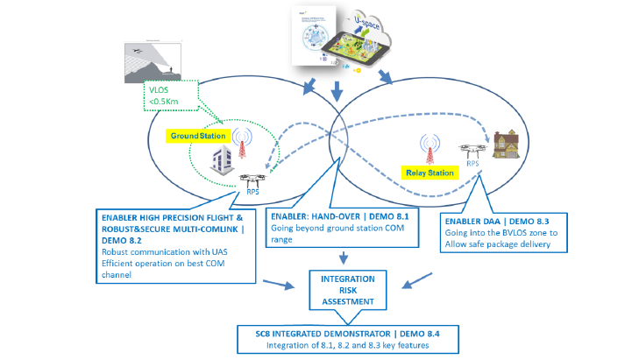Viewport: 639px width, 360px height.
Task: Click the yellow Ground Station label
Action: [199, 137]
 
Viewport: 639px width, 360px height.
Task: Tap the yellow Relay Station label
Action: [430, 173]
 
